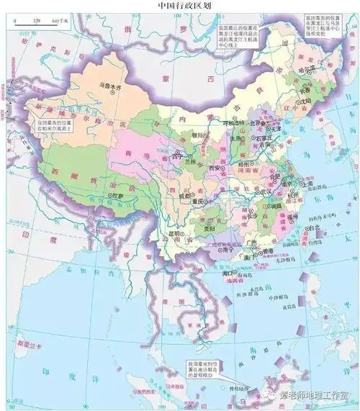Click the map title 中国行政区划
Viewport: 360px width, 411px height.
[x=180, y=5]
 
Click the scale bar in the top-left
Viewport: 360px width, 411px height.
[x=40, y=22]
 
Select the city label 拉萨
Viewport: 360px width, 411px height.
[x=116, y=194]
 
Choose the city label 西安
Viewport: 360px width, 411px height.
[x=213, y=167]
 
